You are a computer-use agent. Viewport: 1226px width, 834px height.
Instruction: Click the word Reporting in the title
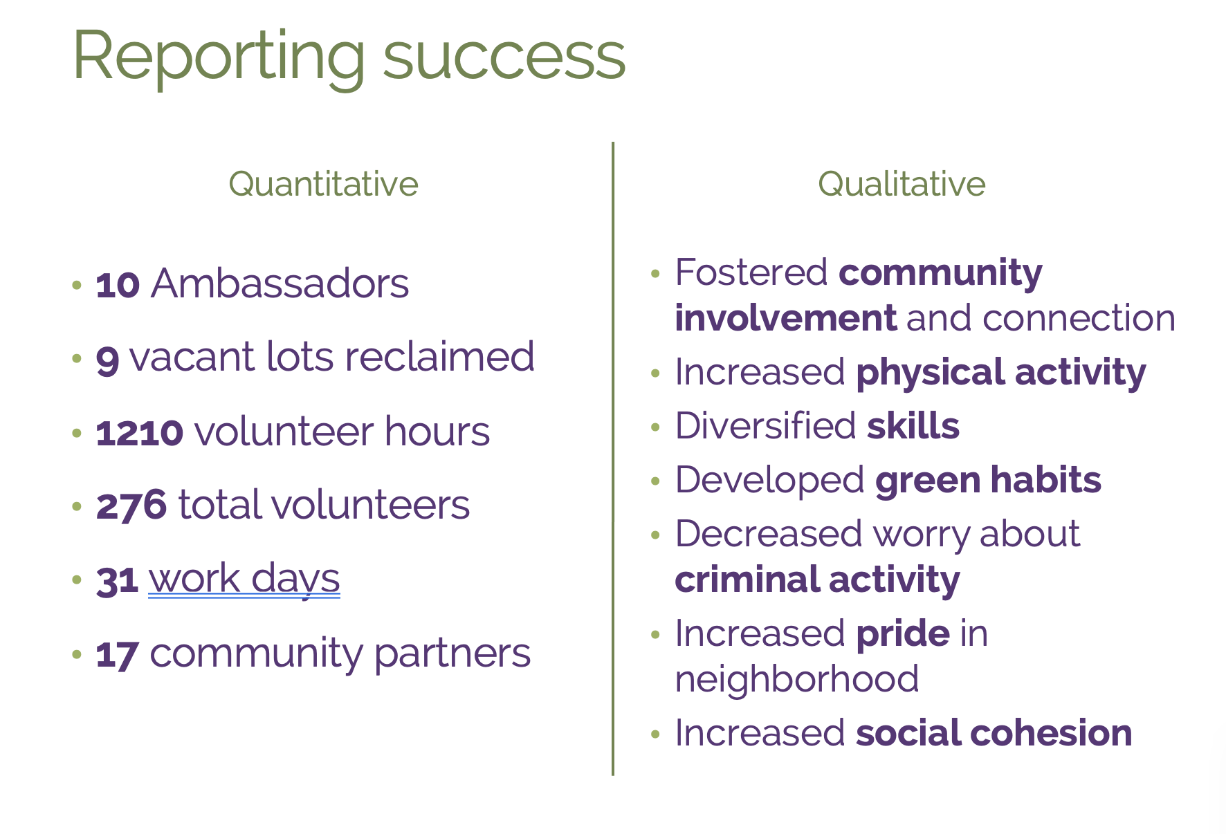coord(219,57)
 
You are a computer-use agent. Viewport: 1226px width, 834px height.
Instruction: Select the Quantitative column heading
coord(324,184)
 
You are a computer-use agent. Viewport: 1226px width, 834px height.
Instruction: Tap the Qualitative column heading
coord(902,184)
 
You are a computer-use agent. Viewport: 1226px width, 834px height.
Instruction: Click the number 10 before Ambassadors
coord(118,284)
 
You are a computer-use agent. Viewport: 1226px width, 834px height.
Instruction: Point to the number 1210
coord(139,433)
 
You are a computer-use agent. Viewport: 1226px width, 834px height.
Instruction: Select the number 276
coord(131,506)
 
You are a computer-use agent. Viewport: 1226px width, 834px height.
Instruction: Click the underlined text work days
coord(244,579)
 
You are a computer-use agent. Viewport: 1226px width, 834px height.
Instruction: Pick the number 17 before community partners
coord(118,654)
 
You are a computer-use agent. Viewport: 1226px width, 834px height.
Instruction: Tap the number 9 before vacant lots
coord(107,360)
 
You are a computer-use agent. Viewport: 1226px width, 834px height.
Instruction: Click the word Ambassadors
coord(280,284)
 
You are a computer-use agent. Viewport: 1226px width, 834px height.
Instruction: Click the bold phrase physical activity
coord(1000,373)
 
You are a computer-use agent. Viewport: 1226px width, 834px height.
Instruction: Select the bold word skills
coord(913,425)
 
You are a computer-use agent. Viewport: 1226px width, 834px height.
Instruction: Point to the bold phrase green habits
coord(988,481)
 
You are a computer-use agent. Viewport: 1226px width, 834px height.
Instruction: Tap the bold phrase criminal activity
coord(817,580)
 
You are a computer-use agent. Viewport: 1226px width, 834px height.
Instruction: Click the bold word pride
coord(903,634)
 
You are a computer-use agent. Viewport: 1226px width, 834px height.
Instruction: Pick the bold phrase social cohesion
coord(994,733)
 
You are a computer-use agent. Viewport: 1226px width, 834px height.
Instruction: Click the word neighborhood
coord(797,678)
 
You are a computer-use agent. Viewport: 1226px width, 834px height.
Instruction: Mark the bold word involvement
coord(785,318)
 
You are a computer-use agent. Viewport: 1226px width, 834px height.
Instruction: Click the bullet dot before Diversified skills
coord(656,427)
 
